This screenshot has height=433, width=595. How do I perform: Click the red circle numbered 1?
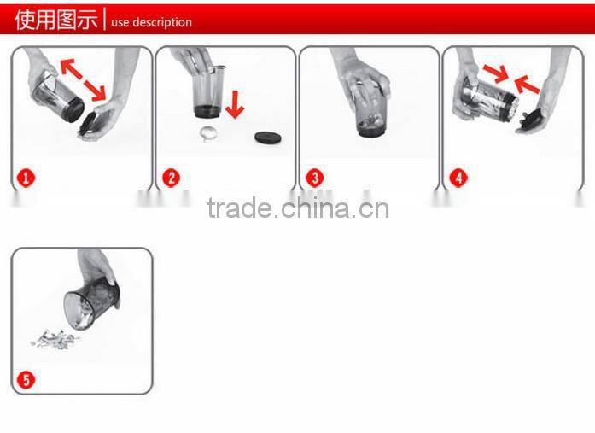click(26, 178)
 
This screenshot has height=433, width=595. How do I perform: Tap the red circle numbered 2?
click(171, 178)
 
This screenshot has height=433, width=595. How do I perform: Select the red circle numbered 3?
click(315, 178)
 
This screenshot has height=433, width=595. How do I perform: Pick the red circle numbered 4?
click(459, 178)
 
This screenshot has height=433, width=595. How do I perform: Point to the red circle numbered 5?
click(26, 379)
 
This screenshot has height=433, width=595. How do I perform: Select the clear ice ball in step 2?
click(207, 133)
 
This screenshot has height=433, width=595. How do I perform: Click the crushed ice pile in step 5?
click(53, 340)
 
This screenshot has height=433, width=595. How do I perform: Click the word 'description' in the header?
click(161, 22)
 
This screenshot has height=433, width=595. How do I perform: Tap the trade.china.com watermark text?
click(297, 208)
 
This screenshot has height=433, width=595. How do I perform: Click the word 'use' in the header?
click(120, 22)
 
